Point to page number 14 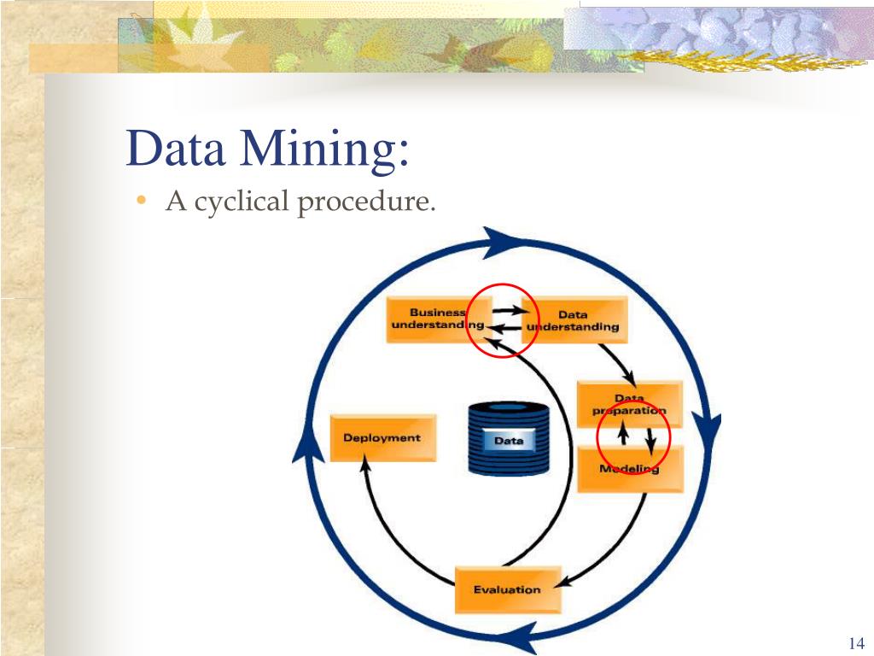coord(857,642)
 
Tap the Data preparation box coord(629,404)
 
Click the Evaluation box coord(508,589)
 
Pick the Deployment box coord(382,437)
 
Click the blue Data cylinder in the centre coord(508,439)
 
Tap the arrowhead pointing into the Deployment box coord(365,466)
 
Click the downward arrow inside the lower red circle coord(650,441)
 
